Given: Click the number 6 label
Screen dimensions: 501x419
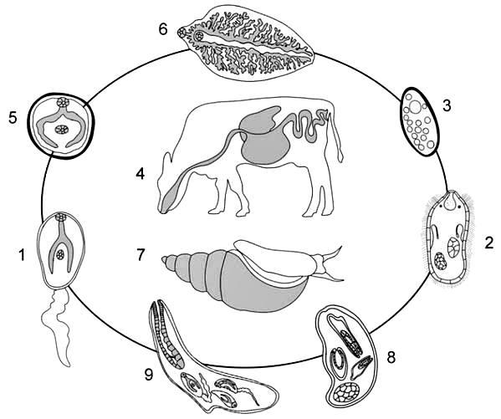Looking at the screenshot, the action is [163, 29].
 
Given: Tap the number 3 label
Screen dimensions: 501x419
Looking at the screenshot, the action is [447, 105].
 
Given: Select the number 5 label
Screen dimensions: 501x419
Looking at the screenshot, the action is [13, 118].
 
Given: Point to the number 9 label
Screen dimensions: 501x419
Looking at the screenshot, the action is [149, 375].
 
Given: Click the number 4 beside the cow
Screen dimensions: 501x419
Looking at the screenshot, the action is [141, 174].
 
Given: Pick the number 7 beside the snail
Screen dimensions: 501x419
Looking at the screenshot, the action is [141, 255].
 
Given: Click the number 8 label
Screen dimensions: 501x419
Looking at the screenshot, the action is [391, 357].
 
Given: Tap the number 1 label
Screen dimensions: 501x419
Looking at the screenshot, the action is [22, 255].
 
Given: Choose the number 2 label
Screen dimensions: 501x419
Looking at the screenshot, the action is [488, 243].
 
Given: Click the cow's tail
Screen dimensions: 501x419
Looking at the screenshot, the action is [337, 141].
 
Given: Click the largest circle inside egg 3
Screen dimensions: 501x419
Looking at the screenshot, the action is [416, 107].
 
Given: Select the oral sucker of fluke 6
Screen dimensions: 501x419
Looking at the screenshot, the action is [182, 33].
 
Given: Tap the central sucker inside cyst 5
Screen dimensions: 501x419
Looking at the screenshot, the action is [62, 130].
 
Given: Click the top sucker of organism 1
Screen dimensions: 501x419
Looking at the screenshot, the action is [60, 217].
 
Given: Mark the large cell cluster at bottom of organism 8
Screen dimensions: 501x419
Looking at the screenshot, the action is [346, 392].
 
